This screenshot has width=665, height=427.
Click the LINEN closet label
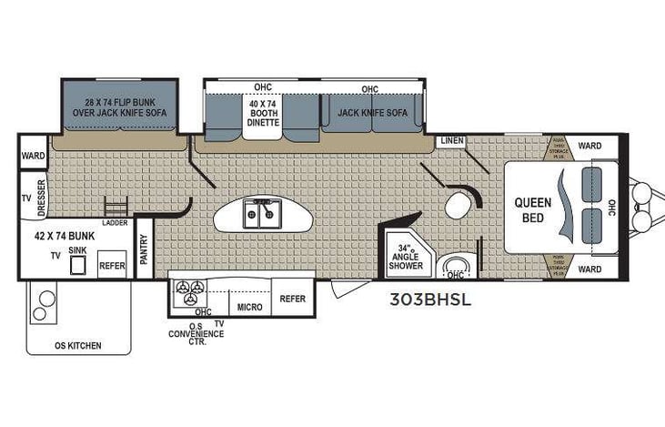pos(451,141)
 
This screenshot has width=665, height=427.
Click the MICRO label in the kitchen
pos(249,307)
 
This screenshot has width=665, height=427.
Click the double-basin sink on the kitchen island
pos(263,216)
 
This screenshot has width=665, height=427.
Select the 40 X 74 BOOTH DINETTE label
pos(263,115)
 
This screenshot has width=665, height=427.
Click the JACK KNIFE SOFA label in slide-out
pos(371,113)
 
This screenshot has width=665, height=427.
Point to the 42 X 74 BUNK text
pos(66,234)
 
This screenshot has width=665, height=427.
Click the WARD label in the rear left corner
pos(33,157)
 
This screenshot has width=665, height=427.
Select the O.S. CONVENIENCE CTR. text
pos(196,332)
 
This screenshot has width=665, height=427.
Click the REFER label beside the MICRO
pos(292,299)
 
